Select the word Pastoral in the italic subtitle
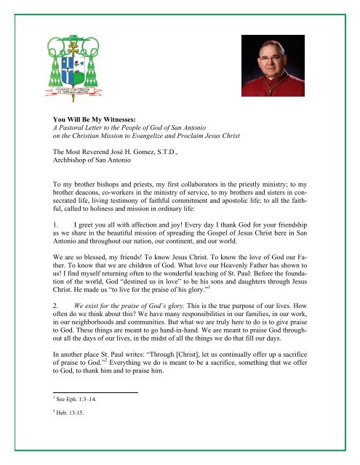click(76, 124)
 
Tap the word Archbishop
click(55, 162)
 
